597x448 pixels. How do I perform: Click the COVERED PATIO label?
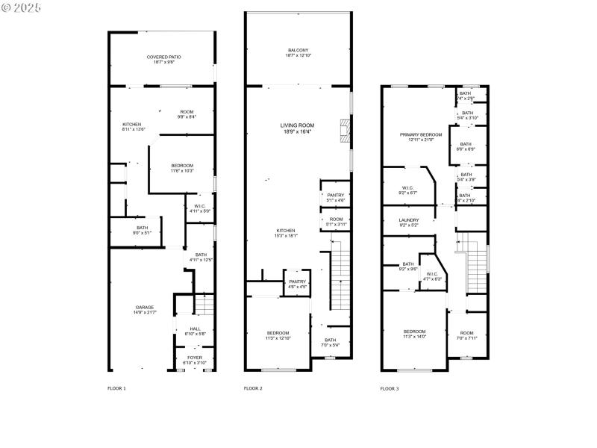click(163, 57)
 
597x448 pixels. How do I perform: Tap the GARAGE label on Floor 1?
click(145, 307)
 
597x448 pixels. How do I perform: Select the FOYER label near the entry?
click(195, 358)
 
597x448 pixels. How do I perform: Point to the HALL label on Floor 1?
click(195, 329)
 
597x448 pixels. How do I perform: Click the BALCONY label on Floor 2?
click(298, 50)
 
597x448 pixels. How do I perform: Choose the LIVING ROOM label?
click(297, 125)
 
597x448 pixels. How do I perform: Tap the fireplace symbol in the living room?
click(343, 130)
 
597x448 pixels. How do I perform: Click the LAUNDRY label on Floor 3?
click(409, 220)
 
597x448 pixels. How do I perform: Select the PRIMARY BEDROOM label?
click(421, 135)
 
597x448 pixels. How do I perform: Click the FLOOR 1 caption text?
click(116, 388)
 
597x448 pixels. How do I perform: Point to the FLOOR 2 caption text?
click(254, 388)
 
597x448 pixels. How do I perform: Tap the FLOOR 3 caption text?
click(389, 388)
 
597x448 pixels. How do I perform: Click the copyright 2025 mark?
click(22, 7)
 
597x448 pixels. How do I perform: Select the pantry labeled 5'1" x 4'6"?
click(335, 196)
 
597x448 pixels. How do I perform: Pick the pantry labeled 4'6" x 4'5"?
click(298, 281)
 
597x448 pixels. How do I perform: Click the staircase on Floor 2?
click(340, 280)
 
